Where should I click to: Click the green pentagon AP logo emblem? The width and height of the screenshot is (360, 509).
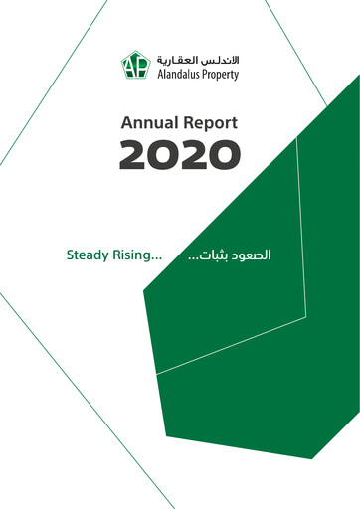[134, 66]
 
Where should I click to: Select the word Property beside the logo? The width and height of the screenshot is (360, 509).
[219, 75]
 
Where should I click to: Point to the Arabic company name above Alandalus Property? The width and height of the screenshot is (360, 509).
[196, 60]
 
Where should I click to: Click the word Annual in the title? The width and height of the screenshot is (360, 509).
[147, 124]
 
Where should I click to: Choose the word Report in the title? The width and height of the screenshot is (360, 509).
[209, 124]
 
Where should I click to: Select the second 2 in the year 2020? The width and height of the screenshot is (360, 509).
[195, 154]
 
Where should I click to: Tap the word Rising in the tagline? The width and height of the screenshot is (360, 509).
[136, 255]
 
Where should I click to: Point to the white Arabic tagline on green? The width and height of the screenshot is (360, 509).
[245, 254]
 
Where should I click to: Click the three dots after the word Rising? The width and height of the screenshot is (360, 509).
[157, 258]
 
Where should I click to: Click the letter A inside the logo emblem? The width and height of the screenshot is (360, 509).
[129, 67]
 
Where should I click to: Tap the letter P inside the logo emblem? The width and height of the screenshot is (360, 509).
[139, 67]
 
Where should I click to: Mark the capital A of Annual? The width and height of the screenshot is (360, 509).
[125, 124]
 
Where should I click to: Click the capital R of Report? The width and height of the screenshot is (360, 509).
[186, 124]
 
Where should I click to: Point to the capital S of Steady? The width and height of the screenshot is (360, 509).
[71, 254]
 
